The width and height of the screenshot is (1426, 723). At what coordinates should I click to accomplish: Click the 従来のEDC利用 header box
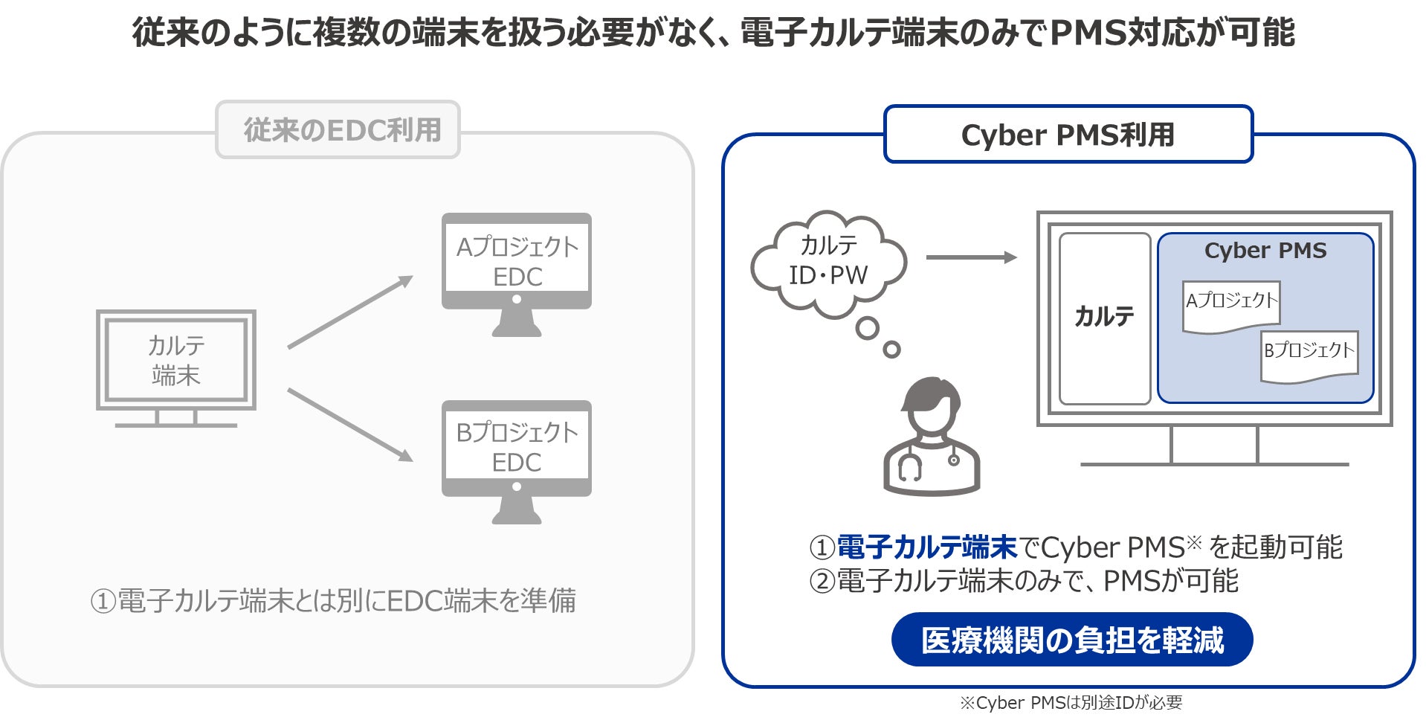click(x=338, y=130)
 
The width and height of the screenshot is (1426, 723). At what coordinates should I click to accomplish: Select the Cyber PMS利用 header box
click(x=1068, y=135)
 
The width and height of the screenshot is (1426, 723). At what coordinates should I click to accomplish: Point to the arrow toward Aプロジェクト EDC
click(x=349, y=312)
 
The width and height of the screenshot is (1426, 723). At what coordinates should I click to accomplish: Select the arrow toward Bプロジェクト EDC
click(x=349, y=425)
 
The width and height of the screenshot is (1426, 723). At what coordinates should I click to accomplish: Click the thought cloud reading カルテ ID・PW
click(x=828, y=260)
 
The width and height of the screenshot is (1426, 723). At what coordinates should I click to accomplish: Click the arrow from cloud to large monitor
click(x=971, y=257)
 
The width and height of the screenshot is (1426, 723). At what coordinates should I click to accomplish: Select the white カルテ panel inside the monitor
click(x=1104, y=318)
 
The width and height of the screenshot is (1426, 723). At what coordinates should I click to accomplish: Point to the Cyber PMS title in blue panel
click(x=1265, y=251)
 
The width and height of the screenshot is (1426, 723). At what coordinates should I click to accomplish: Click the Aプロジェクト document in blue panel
click(x=1231, y=304)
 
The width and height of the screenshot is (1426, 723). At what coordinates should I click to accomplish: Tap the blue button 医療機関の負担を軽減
click(x=1071, y=640)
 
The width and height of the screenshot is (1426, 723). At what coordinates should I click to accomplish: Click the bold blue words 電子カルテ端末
click(x=926, y=547)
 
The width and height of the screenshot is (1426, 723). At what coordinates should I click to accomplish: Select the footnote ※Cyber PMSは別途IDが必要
click(x=1071, y=703)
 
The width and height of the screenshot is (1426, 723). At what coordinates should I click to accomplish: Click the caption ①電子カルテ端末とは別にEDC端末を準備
click(x=333, y=601)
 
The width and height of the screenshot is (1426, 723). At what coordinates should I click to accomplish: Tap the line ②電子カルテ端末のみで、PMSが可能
click(x=1023, y=581)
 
